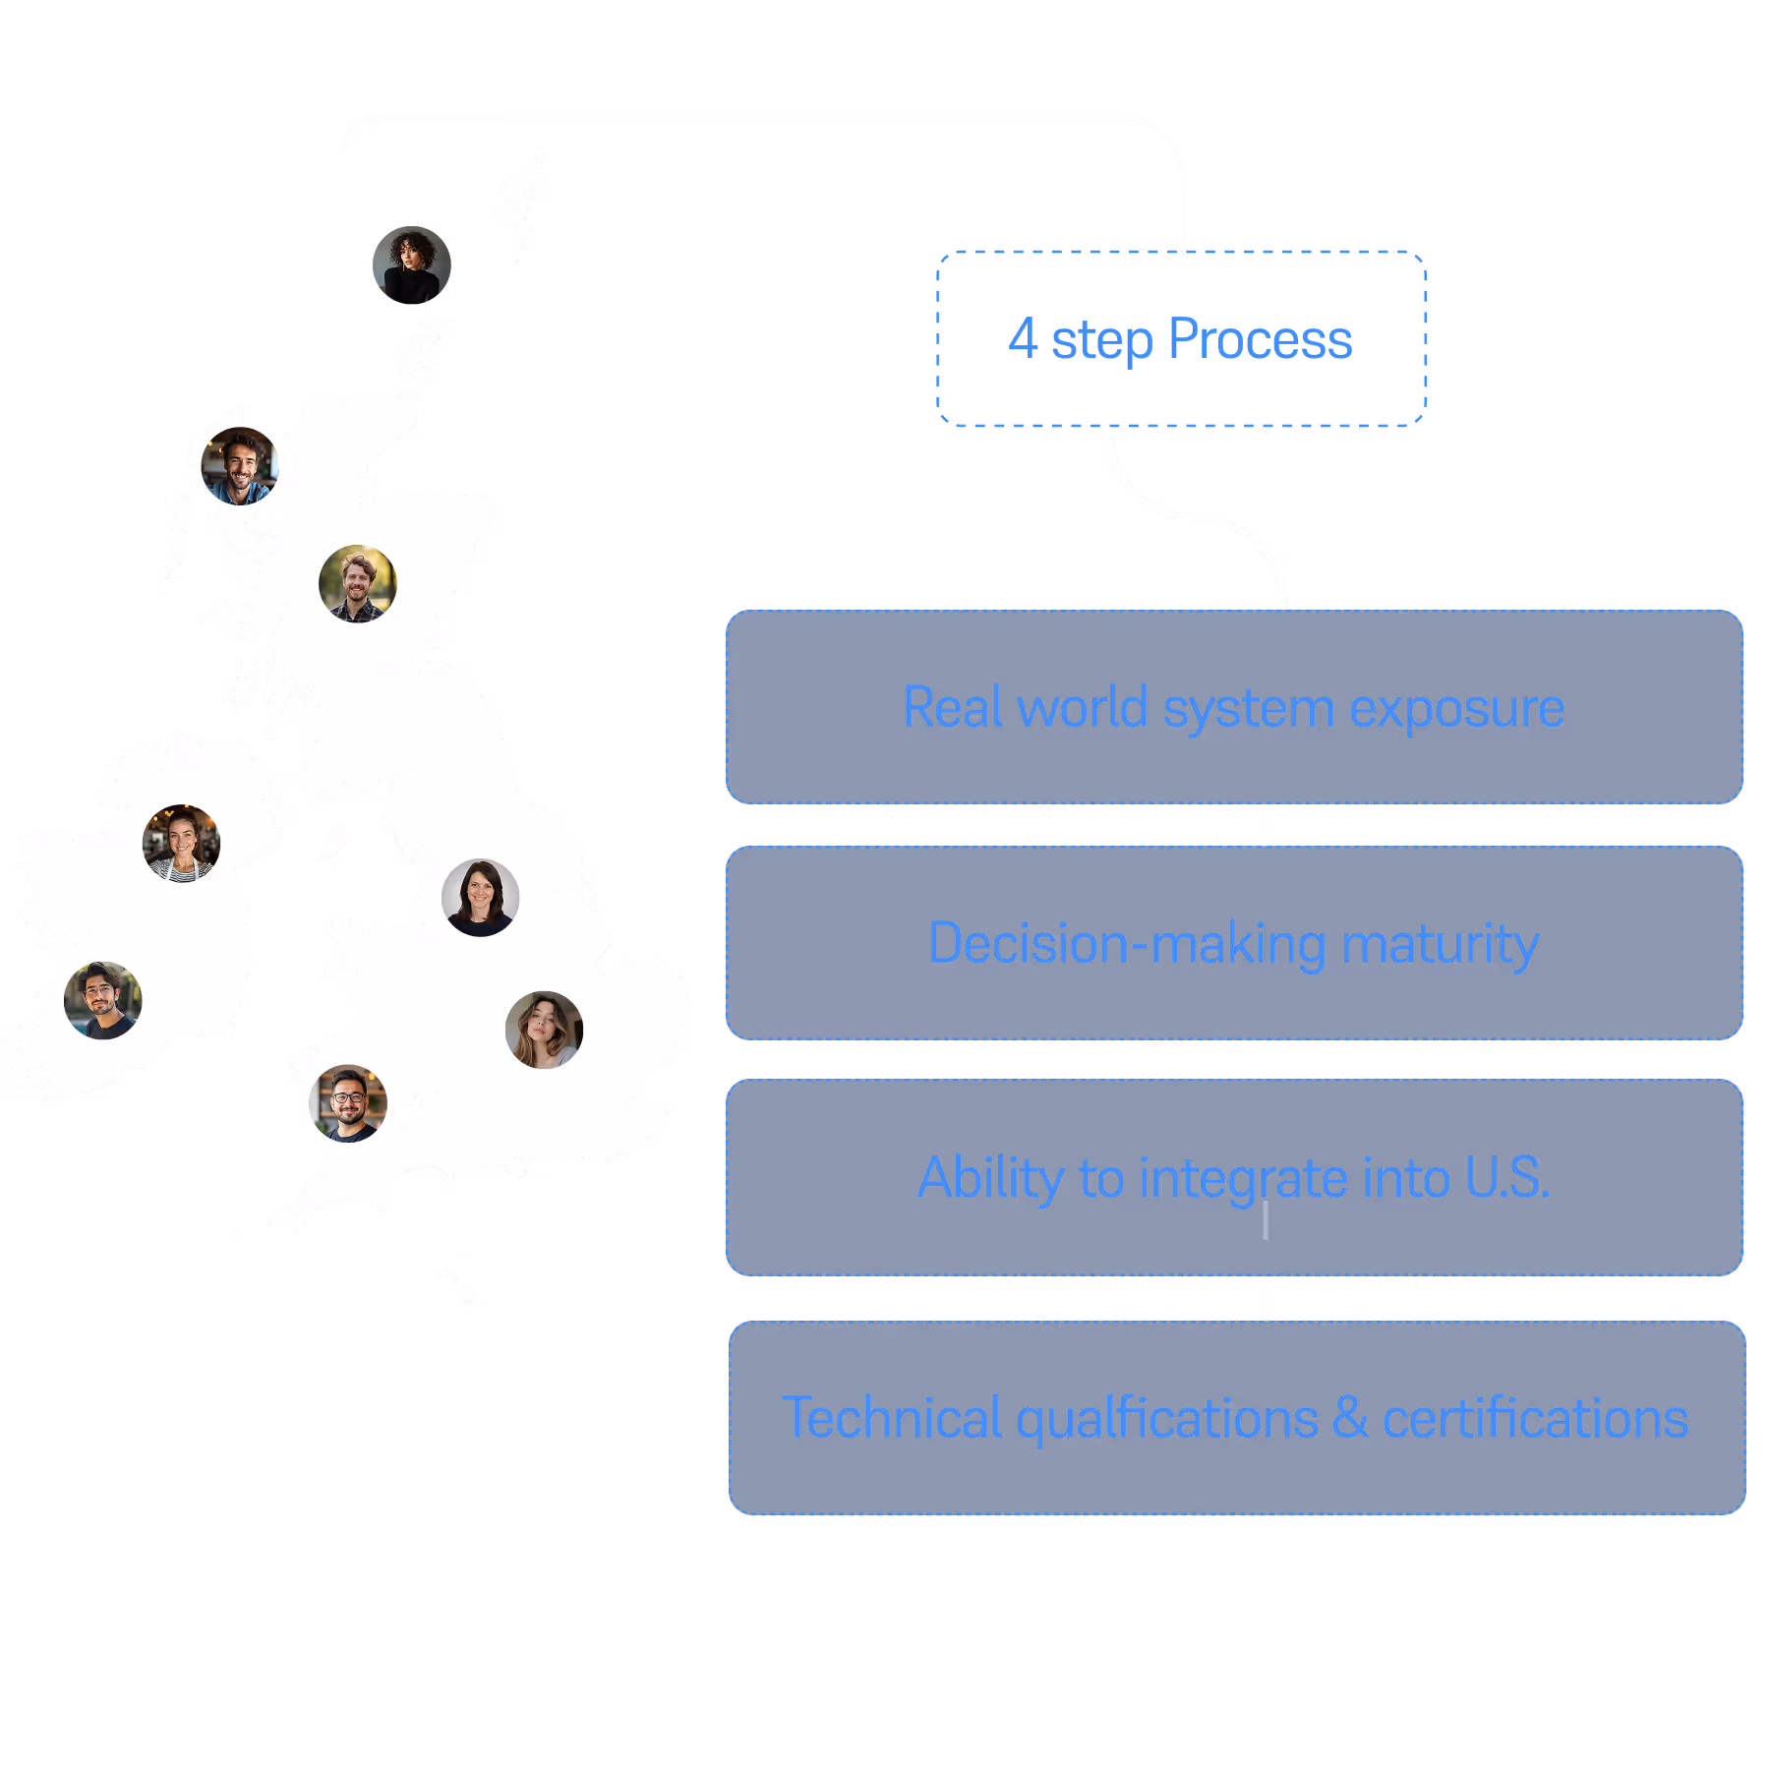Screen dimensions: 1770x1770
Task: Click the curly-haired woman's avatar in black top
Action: (412, 265)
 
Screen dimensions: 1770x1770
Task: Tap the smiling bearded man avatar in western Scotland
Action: (240, 465)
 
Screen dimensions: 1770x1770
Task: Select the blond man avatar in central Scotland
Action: (358, 584)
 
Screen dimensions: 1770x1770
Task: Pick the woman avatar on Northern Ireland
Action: (182, 844)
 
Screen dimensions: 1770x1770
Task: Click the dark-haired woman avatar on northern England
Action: (481, 898)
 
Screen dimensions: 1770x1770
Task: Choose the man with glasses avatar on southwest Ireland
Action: (103, 1000)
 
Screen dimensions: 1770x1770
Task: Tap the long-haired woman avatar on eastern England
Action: (545, 1030)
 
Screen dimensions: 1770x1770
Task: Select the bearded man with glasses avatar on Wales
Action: (348, 1103)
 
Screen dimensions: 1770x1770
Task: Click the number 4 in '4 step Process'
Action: (1023, 339)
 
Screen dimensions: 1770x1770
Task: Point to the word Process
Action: (1261, 340)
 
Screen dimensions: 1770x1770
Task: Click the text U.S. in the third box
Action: (1506, 1178)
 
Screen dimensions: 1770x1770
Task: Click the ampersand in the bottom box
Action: (1350, 1418)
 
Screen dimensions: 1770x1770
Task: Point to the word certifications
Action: (1535, 1419)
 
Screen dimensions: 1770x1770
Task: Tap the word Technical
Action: (892, 1419)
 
